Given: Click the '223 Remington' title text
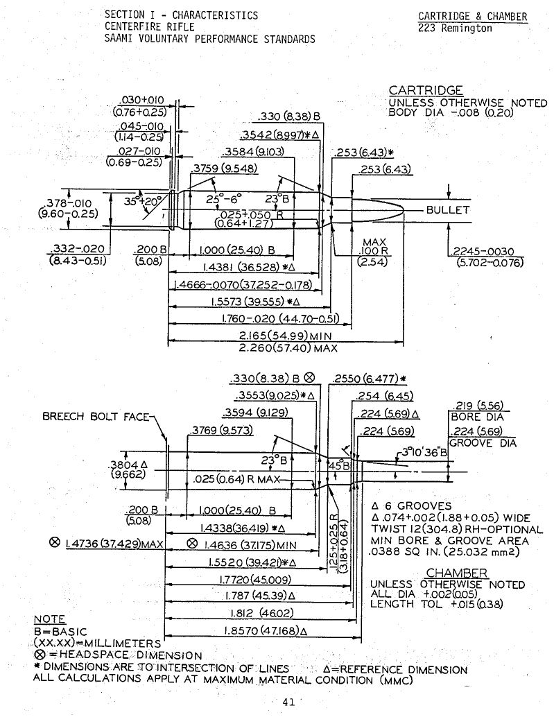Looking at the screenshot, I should click(455, 28).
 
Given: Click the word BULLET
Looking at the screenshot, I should click(447, 209).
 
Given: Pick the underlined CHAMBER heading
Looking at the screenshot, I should click(456, 573).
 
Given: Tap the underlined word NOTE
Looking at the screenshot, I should click(49, 619).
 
